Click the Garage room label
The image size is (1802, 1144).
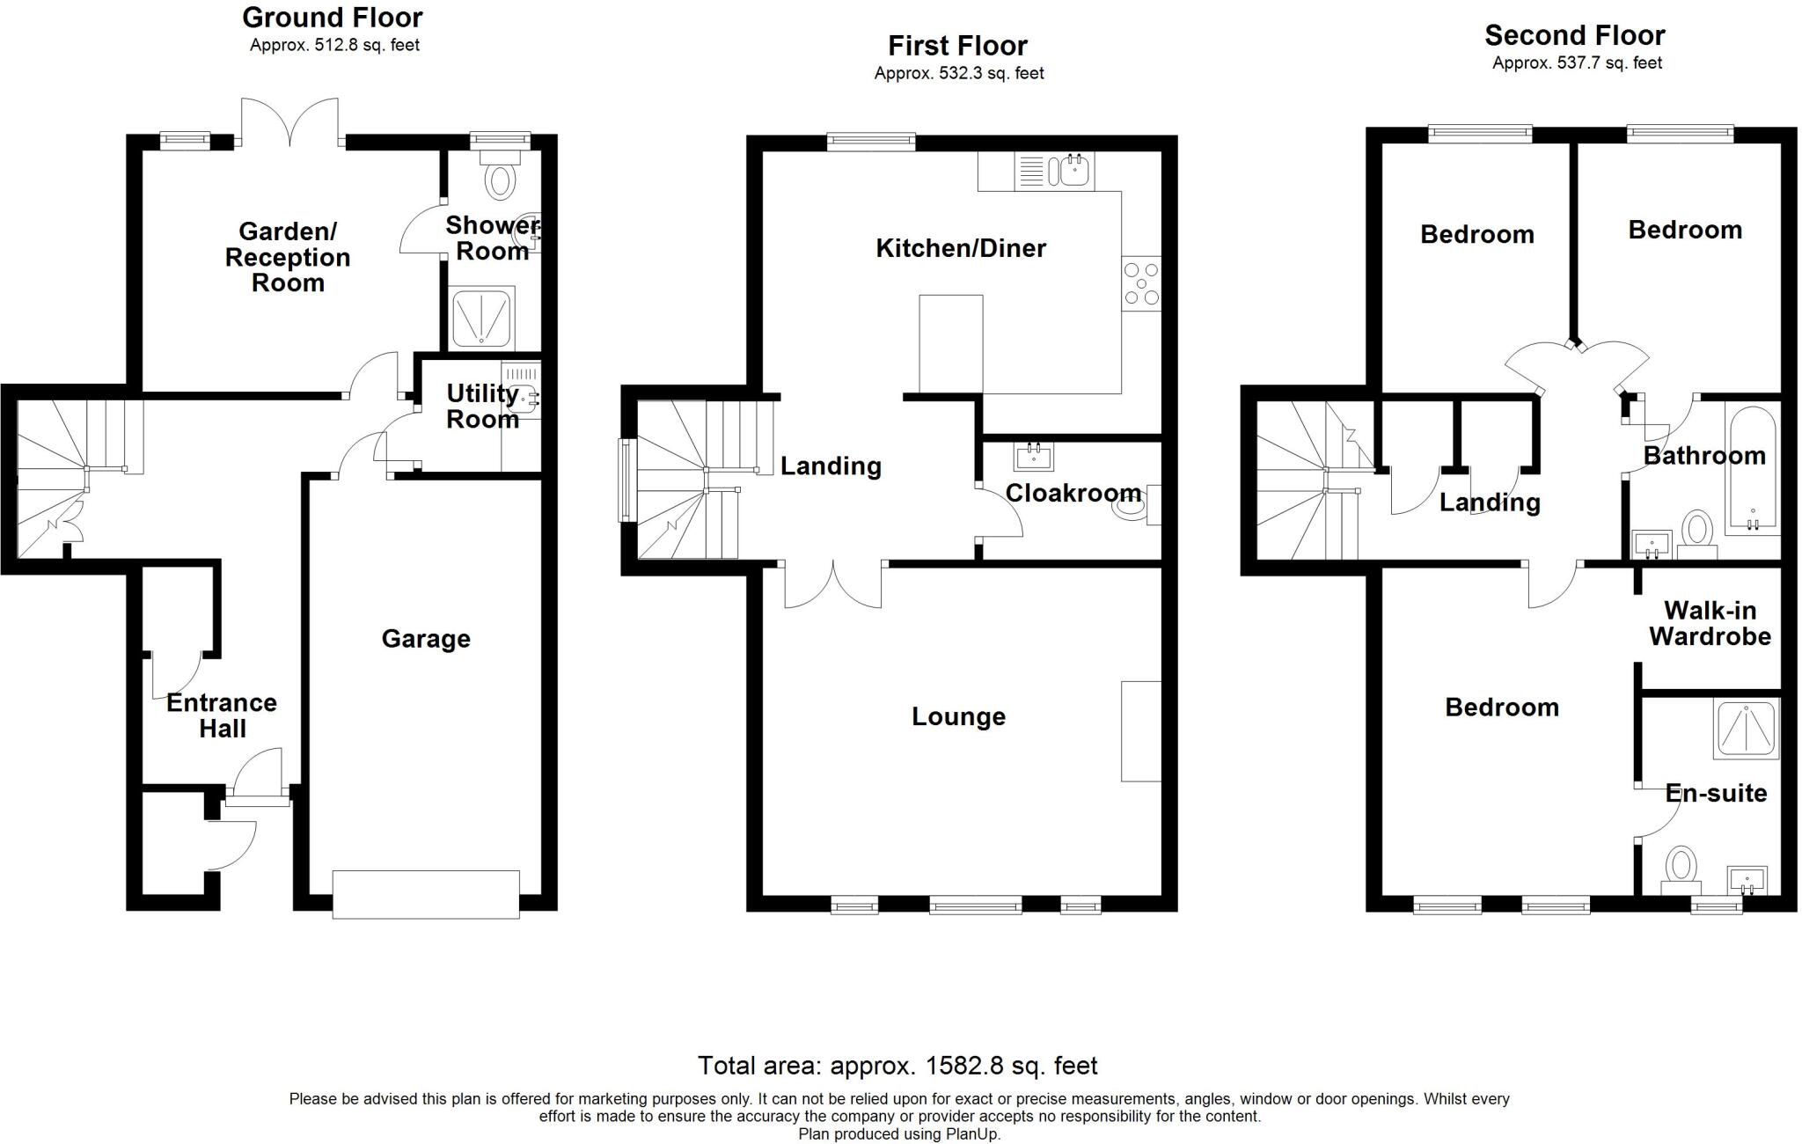pyautogui.click(x=426, y=639)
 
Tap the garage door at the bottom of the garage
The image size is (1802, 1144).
pyautogui.click(x=426, y=894)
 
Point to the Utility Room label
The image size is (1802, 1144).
pyautogui.click(x=482, y=406)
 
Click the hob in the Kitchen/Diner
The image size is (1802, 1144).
pyautogui.click(x=1141, y=283)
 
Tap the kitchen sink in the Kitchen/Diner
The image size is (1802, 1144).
pyautogui.click(x=1073, y=170)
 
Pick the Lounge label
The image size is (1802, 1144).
pyautogui.click(x=958, y=716)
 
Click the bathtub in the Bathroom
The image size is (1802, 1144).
pyautogui.click(x=1752, y=470)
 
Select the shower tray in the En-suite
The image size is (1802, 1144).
pyautogui.click(x=1747, y=729)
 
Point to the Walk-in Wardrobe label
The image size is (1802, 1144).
pyautogui.click(x=1710, y=623)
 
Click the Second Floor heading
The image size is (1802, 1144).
pyautogui.click(x=1574, y=35)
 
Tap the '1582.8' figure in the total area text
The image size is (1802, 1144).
pyautogui.click(x=963, y=1066)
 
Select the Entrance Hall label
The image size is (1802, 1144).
pyautogui.click(x=222, y=715)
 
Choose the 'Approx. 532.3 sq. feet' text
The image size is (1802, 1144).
pyautogui.click(x=958, y=73)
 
